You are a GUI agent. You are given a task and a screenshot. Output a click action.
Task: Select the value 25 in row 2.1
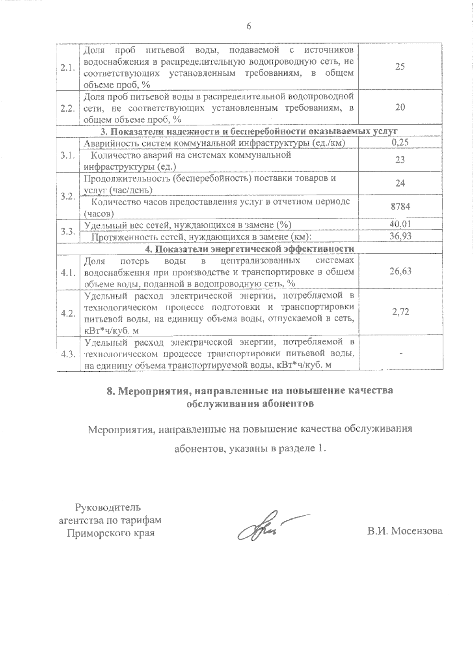[x=400, y=66]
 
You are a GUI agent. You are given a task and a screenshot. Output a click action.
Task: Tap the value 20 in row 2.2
[x=400, y=107]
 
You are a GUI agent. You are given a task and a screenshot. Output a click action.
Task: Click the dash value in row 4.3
[x=400, y=354]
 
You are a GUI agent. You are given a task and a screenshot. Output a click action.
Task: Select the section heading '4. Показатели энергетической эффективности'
[x=249, y=249]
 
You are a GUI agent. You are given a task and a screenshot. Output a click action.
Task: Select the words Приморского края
[x=110, y=533]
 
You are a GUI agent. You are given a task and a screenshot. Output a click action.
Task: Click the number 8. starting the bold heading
[x=111, y=391]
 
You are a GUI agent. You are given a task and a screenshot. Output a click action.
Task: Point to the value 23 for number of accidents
[x=400, y=160]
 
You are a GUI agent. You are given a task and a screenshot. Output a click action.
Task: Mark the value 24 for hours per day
[x=400, y=183]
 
